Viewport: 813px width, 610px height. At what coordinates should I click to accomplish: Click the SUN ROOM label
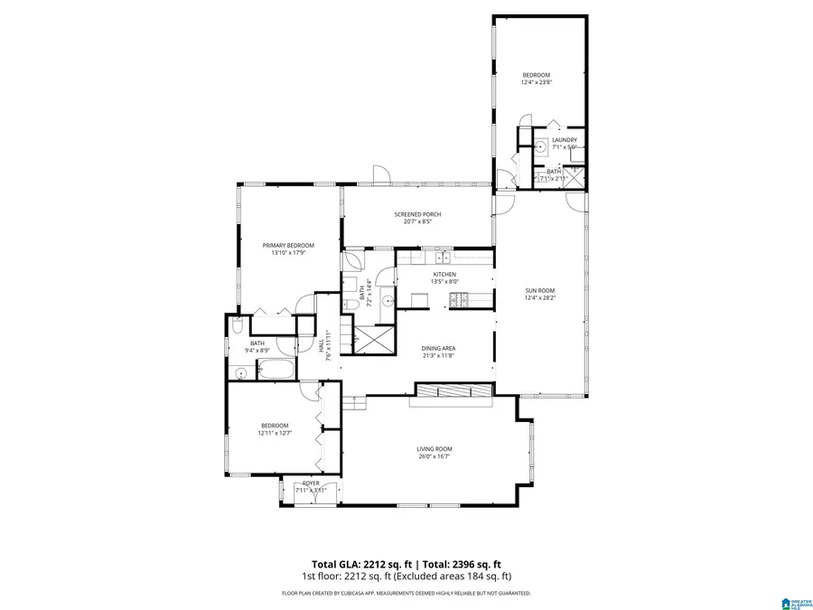click(540, 291)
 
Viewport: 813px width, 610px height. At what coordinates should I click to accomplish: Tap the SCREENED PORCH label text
click(417, 214)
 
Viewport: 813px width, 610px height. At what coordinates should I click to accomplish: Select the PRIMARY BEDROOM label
click(288, 246)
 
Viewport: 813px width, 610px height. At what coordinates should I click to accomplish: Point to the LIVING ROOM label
click(434, 449)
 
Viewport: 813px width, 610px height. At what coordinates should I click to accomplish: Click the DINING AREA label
click(438, 348)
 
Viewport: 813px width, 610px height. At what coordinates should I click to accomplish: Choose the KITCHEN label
click(444, 274)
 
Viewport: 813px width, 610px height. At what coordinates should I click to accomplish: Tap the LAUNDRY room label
click(565, 140)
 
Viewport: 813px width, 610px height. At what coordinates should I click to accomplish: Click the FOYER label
click(311, 483)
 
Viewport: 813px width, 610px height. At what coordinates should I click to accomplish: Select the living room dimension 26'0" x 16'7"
click(434, 457)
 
